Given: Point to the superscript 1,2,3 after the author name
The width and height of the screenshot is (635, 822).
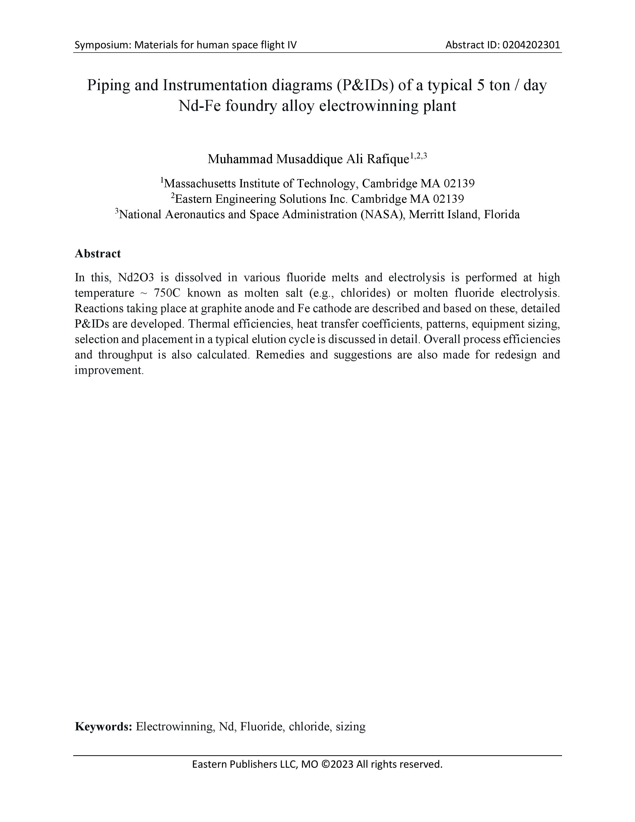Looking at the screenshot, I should click(x=418, y=155).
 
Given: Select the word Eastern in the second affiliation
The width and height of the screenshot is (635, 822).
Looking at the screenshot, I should click(x=197, y=199).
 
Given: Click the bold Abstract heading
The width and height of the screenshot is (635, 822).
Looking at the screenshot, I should click(x=98, y=254).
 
